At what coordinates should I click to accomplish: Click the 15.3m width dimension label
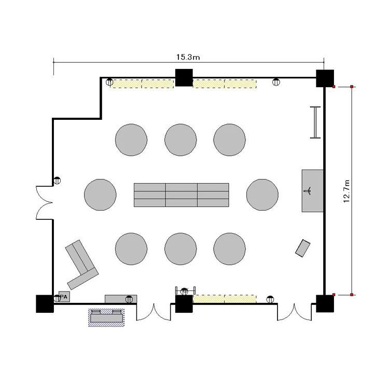(x=188, y=57)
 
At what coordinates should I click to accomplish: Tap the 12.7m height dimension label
(x=346, y=191)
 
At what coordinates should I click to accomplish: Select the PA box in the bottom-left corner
(x=64, y=297)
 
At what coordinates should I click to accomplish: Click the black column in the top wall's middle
(x=184, y=78)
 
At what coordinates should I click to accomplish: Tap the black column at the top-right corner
(x=325, y=78)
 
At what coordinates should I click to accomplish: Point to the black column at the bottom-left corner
(x=45, y=303)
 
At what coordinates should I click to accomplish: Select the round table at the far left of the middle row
(x=100, y=195)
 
